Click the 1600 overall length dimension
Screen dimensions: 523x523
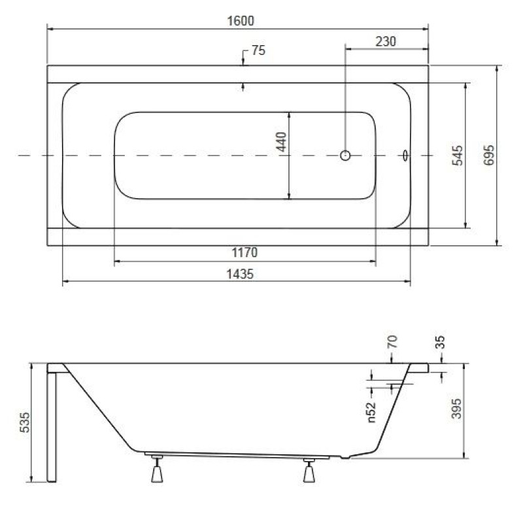click(x=240, y=21)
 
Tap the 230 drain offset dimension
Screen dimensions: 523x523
click(x=386, y=42)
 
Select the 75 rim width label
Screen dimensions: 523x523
click(x=258, y=51)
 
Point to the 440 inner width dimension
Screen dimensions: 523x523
click(x=282, y=142)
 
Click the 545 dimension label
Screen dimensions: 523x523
click(x=457, y=156)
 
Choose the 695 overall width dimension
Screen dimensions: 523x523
click(x=488, y=155)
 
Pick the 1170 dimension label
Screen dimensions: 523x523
click(x=245, y=252)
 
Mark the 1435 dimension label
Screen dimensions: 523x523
click(x=240, y=274)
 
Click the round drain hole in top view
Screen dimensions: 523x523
click(x=345, y=156)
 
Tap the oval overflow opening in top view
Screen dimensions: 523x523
click(x=405, y=156)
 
